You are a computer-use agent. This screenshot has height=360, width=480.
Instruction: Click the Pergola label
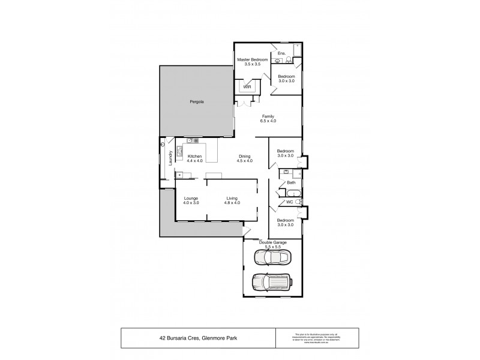(x=197, y=102)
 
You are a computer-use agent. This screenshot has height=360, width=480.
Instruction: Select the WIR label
(x=247, y=86)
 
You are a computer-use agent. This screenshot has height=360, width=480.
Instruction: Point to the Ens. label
(x=281, y=53)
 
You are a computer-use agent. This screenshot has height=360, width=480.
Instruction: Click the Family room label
(x=268, y=117)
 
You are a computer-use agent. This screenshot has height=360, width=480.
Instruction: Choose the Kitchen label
(x=195, y=156)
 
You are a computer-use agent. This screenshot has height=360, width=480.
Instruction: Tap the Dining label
(x=244, y=156)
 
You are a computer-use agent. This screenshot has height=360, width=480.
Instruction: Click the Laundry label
(x=170, y=157)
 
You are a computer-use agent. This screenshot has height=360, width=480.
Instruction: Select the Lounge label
(x=191, y=198)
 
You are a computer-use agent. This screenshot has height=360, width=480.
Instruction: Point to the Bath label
(x=291, y=183)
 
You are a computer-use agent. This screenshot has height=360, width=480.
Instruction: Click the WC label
(x=289, y=202)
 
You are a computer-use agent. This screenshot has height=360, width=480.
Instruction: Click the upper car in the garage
(x=273, y=257)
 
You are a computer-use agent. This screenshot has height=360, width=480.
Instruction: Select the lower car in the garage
(x=272, y=282)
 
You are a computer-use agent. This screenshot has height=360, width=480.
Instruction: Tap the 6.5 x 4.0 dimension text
(x=268, y=122)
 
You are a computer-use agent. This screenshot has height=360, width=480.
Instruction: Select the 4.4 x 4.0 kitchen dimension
(x=195, y=161)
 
